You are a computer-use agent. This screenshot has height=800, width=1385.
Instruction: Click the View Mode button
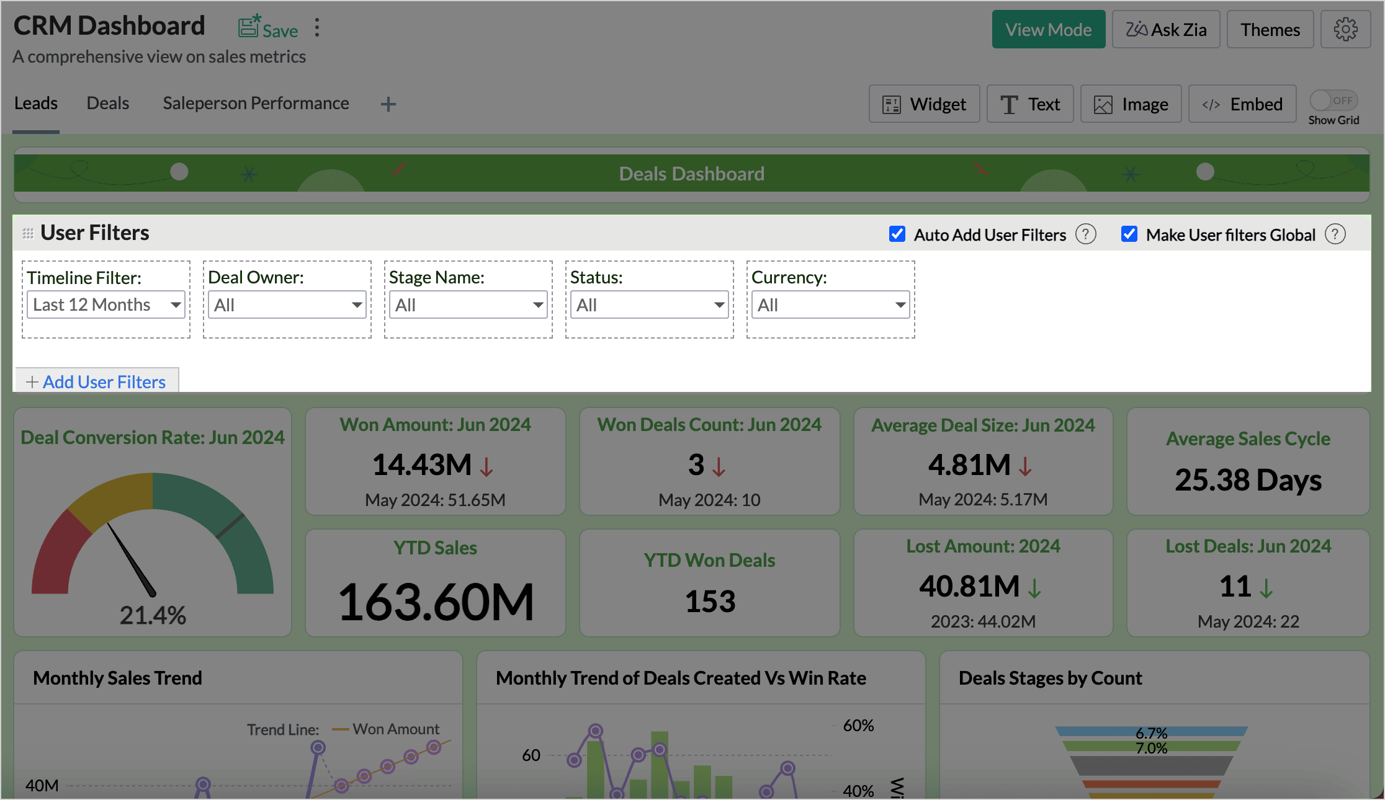click(1048, 30)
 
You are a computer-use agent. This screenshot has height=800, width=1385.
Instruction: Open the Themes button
click(1270, 30)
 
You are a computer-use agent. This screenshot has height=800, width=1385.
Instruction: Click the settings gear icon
click(1345, 29)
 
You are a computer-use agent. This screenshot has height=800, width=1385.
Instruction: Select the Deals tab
click(108, 103)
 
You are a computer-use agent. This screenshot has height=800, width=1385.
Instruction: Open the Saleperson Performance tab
click(256, 103)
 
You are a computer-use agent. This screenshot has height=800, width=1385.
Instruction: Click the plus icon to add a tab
click(388, 104)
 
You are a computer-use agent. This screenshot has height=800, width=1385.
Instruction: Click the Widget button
click(924, 104)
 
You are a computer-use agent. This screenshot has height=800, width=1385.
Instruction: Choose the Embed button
click(1242, 104)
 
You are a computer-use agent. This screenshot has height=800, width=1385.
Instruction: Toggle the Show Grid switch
click(1333, 100)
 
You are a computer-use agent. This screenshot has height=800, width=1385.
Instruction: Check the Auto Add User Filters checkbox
click(897, 234)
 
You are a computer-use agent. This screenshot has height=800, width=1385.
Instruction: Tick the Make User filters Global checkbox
click(1129, 234)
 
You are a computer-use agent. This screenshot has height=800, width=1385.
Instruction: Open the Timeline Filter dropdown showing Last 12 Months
click(106, 304)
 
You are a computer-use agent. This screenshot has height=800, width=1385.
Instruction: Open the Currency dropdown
click(830, 304)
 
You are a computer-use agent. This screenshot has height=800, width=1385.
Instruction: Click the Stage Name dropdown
click(468, 304)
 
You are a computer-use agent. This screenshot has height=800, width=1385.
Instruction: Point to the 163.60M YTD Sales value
click(436, 602)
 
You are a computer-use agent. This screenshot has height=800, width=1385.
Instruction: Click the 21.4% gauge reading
click(153, 615)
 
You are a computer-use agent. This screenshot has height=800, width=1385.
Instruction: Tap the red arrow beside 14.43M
click(486, 466)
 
